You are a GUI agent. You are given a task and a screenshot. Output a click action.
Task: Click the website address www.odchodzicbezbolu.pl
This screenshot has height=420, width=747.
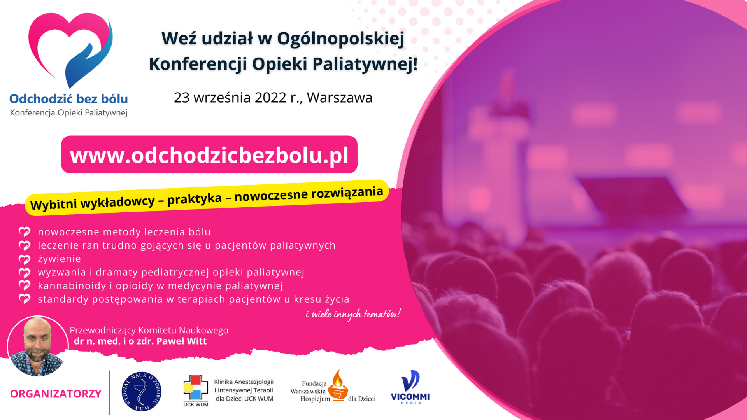(x=209, y=155)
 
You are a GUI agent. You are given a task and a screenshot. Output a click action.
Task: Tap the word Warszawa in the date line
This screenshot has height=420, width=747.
(x=340, y=98)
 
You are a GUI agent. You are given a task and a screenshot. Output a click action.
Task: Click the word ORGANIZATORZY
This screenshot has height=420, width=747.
(x=56, y=394)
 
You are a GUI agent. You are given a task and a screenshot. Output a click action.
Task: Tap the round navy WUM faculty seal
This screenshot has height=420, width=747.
(x=142, y=392)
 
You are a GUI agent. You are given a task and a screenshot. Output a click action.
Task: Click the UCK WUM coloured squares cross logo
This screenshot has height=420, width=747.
(x=196, y=389)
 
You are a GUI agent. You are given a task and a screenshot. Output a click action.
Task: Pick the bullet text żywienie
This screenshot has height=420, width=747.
(x=60, y=259)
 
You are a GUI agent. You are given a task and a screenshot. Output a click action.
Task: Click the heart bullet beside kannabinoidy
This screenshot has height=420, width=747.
(x=25, y=285)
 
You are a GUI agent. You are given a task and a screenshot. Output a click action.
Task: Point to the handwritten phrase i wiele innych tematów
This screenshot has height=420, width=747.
(x=353, y=314)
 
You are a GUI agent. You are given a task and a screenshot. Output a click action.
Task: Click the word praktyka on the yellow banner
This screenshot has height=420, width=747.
(x=195, y=199)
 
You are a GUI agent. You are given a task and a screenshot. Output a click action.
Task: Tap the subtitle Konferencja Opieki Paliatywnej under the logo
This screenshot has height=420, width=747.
(x=69, y=113)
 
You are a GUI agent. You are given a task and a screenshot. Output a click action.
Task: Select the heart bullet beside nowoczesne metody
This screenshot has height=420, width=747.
(x=25, y=232)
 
